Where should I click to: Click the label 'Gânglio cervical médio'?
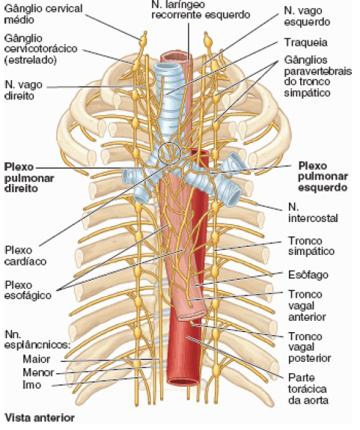[x=43, y=14]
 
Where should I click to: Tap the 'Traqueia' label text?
[x=306, y=43]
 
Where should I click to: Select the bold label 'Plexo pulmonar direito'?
[x=29, y=178]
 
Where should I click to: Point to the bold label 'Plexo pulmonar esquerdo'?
[x=323, y=176]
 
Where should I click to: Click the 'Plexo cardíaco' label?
[x=25, y=256]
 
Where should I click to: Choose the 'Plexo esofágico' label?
[x=28, y=290]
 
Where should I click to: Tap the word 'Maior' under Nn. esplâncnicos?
[x=37, y=359]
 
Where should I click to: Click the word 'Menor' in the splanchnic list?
[x=38, y=372]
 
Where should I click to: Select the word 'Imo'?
[x=32, y=384]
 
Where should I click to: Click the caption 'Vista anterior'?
[x=40, y=418]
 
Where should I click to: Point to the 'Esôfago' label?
[x=308, y=274]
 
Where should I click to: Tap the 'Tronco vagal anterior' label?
[x=307, y=306]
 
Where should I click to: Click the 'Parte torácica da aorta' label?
[x=308, y=389]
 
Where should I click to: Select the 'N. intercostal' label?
[x=313, y=212]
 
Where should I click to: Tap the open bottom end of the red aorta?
[x=183, y=381]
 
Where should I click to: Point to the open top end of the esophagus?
[x=176, y=57]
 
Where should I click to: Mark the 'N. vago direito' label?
[x=24, y=90]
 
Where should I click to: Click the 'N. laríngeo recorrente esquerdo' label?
[x=201, y=9]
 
